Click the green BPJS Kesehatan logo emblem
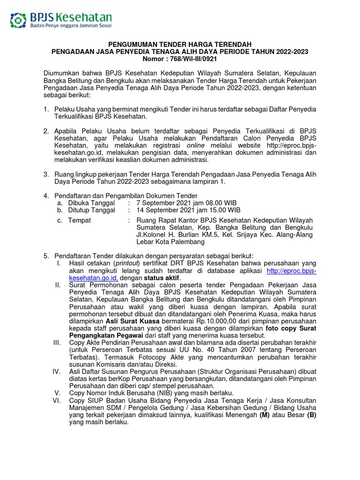pyautogui.click(x=19, y=20)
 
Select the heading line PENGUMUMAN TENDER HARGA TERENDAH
pyautogui.click(x=180, y=44)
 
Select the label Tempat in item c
pyautogui.click(x=80, y=220)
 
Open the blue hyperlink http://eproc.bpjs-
pyautogui.click(x=291, y=271)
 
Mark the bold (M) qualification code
pyautogui.click(x=264, y=414)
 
